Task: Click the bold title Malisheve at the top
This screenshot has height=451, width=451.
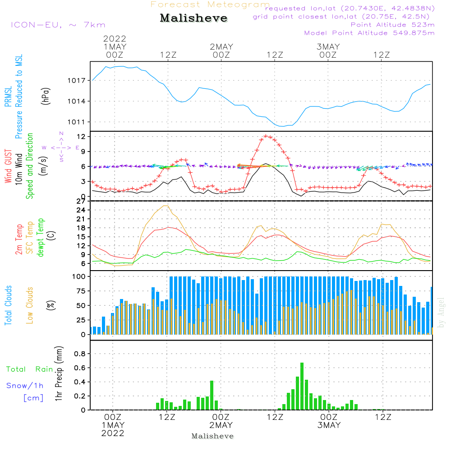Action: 194,18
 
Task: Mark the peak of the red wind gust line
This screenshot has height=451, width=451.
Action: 266,135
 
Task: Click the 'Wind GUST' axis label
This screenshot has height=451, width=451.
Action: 8,167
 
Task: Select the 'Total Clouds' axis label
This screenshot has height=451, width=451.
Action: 8,305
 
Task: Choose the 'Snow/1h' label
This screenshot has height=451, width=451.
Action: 25,386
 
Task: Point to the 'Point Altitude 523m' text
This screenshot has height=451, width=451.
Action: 392,25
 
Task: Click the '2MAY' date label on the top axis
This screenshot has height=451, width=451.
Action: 221,46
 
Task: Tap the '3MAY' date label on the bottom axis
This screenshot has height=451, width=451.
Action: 329,425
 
